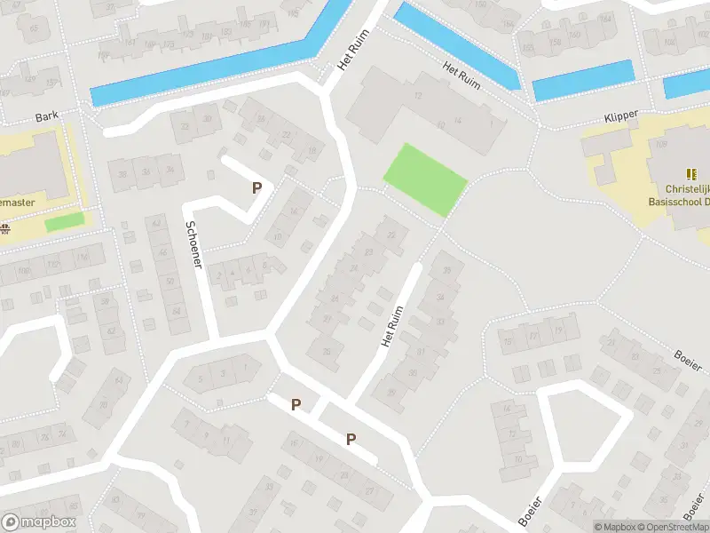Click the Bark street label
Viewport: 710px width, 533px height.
46,117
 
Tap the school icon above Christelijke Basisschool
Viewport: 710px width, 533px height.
690,174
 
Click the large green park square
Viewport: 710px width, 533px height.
425,179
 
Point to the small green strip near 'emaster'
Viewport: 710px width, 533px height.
64,221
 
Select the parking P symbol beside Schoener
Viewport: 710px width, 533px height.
256,187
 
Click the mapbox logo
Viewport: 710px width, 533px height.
38,522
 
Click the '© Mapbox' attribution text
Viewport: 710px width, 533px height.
615,527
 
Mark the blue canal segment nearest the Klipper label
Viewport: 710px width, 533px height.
583,80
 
